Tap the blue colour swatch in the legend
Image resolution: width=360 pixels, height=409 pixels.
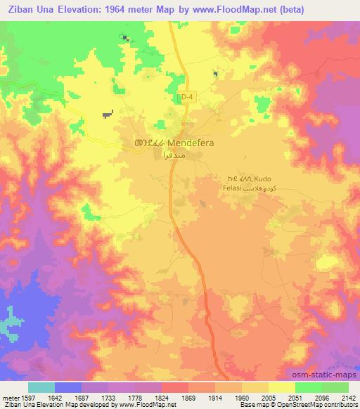coord(68,387)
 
